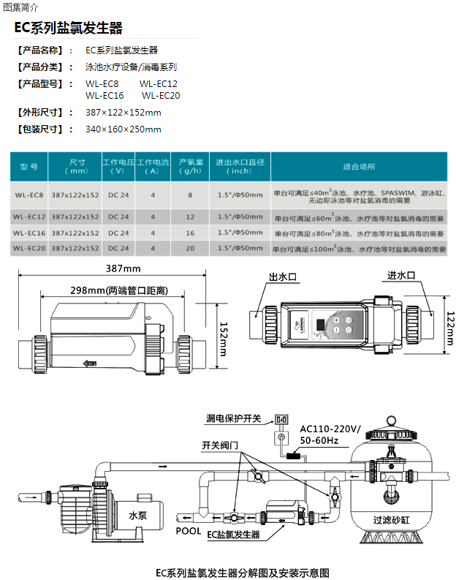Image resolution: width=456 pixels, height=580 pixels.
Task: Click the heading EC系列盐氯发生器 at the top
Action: tap(69, 29)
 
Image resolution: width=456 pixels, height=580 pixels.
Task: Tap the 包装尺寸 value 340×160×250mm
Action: tap(123, 129)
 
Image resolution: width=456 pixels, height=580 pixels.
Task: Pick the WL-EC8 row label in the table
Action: tap(29, 195)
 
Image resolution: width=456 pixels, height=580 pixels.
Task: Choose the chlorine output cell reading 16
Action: tap(190, 233)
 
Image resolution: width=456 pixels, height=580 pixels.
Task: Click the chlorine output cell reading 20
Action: tap(190, 249)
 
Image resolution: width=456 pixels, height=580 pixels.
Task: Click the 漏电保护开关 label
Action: tap(233, 419)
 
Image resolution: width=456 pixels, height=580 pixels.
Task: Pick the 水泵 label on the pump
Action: tap(138, 515)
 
